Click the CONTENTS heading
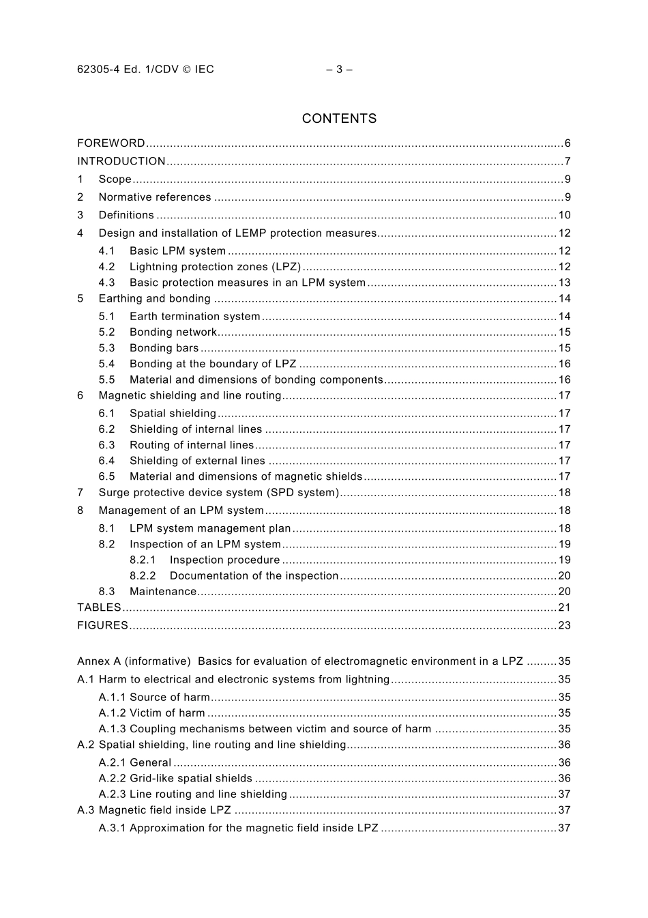click(339, 119)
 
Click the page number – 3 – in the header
click(339, 69)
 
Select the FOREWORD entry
click(111, 143)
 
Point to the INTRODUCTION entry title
click(121, 162)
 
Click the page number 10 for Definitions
click(564, 215)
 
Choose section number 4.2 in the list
click(106, 267)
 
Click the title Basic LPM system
click(177, 251)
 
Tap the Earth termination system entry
click(195, 317)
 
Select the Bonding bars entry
click(164, 348)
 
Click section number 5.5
click(106, 380)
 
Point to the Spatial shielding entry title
click(173, 414)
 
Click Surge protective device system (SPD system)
click(218, 493)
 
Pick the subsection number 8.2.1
click(143, 560)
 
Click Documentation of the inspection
click(254, 576)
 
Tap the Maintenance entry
click(163, 592)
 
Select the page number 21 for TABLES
click(564, 607)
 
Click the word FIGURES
click(102, 625)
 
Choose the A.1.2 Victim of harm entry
click(151, 713)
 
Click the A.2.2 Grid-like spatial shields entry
click(175, 779)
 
